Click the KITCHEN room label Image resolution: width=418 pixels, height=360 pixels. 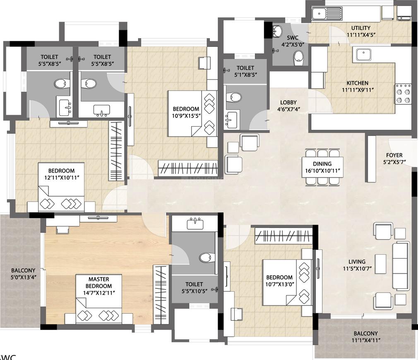(x=357, y=83)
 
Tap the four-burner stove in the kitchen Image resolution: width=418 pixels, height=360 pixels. (x=403, y=93)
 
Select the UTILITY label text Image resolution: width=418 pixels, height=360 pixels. (x=361, y=28)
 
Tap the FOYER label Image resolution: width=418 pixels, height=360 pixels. (x=394, y=155)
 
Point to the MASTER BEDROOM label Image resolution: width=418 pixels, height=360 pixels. (x=98, y=283)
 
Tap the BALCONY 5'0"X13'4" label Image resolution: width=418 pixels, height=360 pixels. (x=23, y=274)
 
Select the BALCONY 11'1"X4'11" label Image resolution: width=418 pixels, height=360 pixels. (x=365, y=336)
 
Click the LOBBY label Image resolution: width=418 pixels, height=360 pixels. (x=288, y=102)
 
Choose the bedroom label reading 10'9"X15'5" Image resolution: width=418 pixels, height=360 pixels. (x=186, y=115)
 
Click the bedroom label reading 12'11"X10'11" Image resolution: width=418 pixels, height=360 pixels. (x=61, y=178)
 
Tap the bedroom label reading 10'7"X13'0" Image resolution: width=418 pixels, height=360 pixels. (x=279, y=284)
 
